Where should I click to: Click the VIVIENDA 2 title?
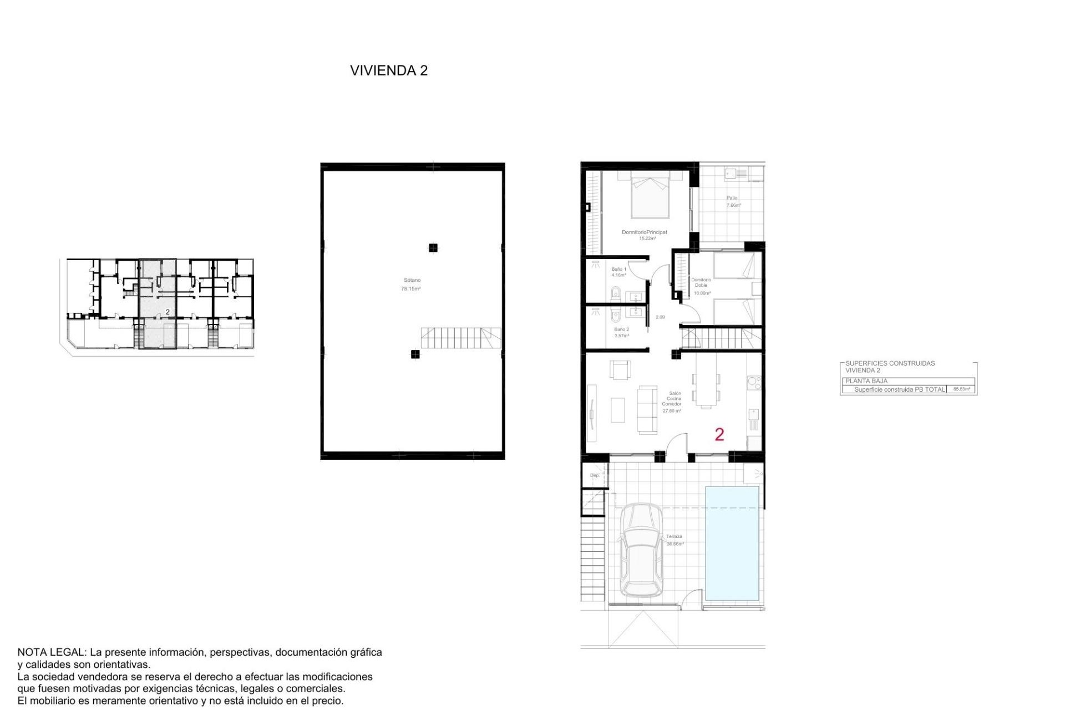(388, 70)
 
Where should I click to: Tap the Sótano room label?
(412, 280)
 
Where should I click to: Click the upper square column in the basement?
(433, 248)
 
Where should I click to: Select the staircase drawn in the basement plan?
(460, 338)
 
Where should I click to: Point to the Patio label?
(732, 198)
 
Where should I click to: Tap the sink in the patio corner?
(731, 174)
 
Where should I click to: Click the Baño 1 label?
(618, 269)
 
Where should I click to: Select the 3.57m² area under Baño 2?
(621, 336)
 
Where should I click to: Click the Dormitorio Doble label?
(701, 282)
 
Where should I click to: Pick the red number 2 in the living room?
(719, 434)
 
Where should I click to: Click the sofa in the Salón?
(647, 410)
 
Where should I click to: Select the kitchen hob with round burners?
(754, 382)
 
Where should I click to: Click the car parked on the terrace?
(641, 550)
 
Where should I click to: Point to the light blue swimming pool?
(732, 544)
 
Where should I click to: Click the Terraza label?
(674, 536)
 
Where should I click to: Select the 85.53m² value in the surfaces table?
(961, 389)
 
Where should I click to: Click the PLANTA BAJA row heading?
(866, 381)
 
